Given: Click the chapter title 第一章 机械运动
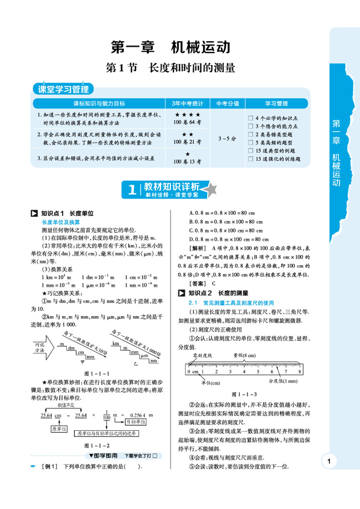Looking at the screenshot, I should [x=170, y=47].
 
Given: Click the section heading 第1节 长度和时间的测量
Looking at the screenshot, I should [x=170, y=68].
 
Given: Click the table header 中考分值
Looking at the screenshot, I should [x=227, y=103].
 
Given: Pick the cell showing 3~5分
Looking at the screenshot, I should [x=227, y=138].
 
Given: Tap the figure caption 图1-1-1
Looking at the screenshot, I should [x=97, y=373].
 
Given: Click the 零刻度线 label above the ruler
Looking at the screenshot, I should [x=202, y=355].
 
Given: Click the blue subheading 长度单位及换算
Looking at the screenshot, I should [x=60, y=222].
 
